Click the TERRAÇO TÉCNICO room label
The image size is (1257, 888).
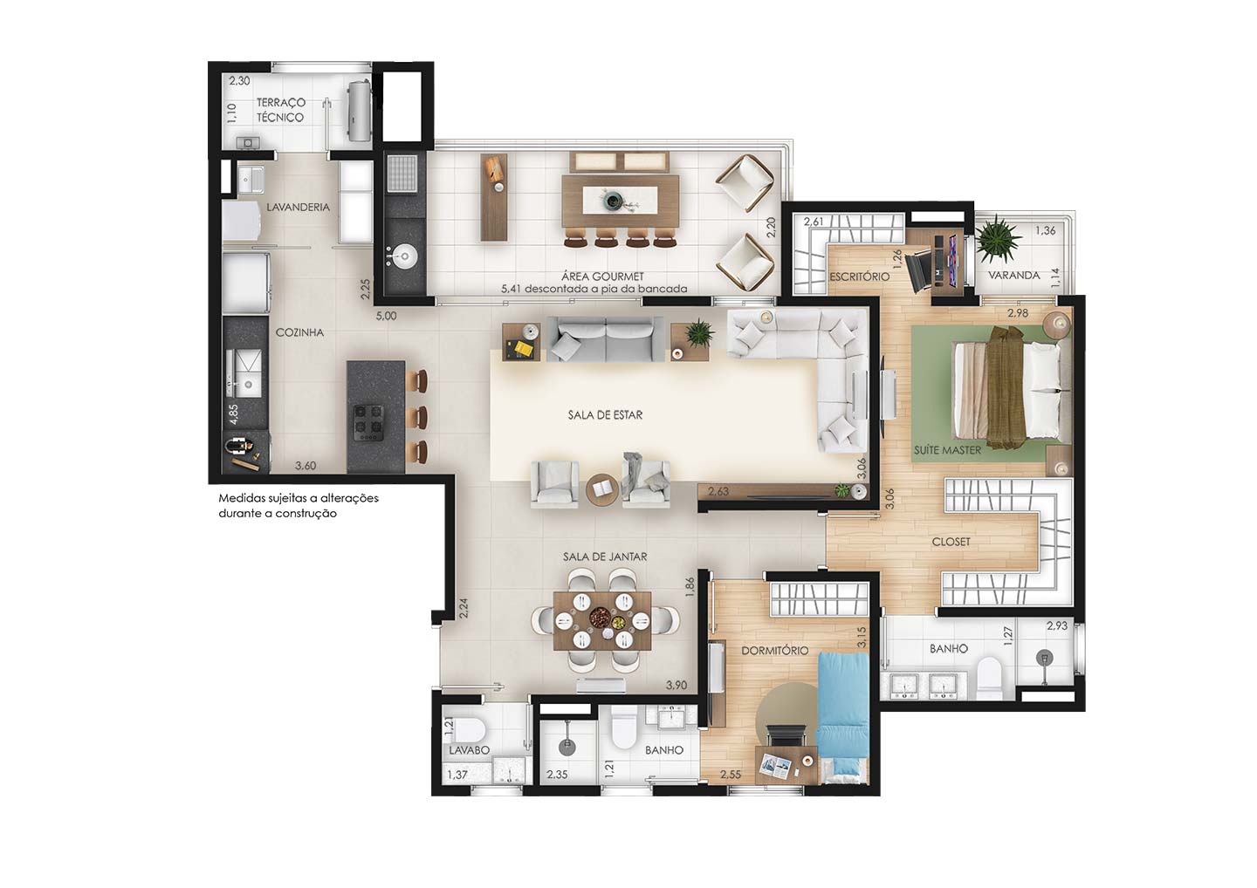(280, 110)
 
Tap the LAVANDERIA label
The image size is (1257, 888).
(298, 208)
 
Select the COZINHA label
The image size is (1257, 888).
(299, 332)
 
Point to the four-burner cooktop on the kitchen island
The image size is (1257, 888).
(368, 422)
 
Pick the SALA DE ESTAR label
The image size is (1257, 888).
(605, 415)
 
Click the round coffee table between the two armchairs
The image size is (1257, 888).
(602, 491)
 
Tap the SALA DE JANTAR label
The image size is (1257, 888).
(605, 557)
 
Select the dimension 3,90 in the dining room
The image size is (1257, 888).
(677, 685)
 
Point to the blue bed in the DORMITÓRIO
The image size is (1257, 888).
(842, 718)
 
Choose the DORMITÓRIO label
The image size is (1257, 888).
(775, 651)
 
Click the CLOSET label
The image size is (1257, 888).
(951, 542)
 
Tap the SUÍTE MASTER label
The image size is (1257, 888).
(947, 450)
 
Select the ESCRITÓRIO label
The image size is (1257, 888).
(859, 277)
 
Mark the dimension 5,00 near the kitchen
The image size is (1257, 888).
(386, 316)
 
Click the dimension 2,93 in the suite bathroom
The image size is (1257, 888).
(1057, 625)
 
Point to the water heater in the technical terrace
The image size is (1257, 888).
(359, 111)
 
